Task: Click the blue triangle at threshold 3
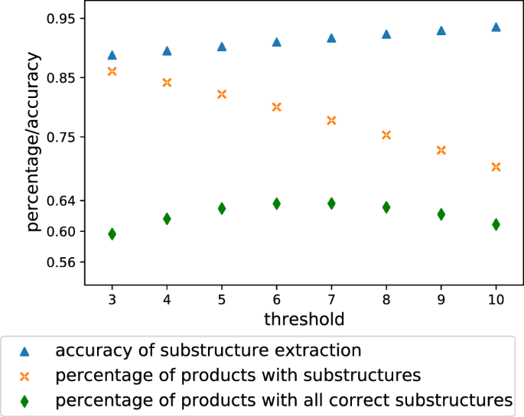[x=112, y=55]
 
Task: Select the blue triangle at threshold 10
[x=496, y=27]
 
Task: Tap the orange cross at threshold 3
[x=112, y=71]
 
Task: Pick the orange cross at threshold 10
[x=496, y=167]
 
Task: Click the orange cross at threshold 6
[x=277, y=107]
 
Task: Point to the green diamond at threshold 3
[x=112, y=234]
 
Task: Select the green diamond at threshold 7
[x=331, y=204]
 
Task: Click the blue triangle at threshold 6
[x=277, y=42]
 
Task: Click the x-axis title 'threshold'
[x=304, y=318]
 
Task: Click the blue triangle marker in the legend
[x=24, y=351]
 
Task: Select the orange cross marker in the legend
[x=24, y=376]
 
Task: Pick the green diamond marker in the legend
[x=24, y=399]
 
